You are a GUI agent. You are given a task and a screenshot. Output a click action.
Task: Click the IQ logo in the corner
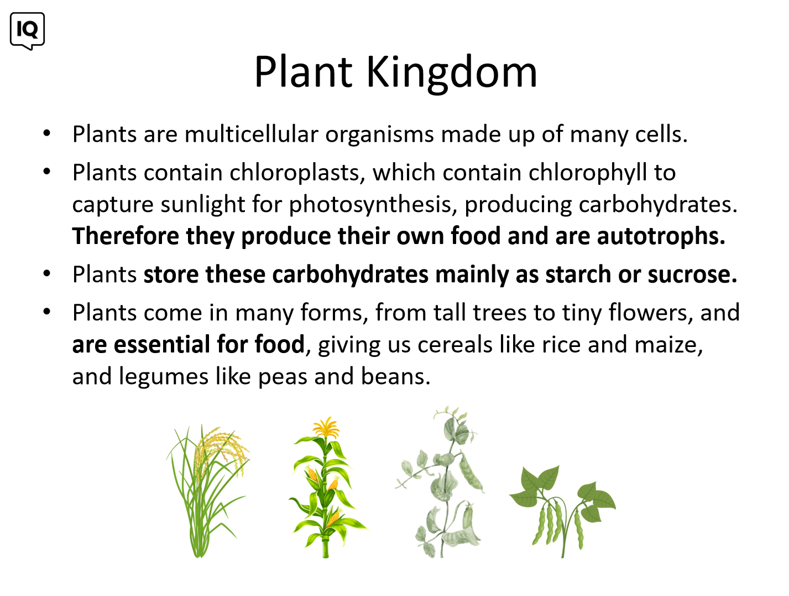(x=27, y=31)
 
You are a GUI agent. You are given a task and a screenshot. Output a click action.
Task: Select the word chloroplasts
(x=295, y=173)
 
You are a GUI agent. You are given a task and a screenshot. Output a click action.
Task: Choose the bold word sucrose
(x=692, y=274)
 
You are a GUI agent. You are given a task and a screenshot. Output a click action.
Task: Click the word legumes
(x=164, y=377)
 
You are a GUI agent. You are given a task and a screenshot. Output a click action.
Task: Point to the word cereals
(x=454, y=345)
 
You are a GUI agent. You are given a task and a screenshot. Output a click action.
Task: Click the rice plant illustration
(x=207, y=491)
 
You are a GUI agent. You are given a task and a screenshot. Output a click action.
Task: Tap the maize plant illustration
(x=327, y=488)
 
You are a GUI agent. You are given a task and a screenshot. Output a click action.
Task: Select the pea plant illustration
(x=440, y=483)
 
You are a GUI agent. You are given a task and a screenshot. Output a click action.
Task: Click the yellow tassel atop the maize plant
(x=326, y=427)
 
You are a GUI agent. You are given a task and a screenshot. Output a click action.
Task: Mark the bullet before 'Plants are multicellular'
(x=47, y=133)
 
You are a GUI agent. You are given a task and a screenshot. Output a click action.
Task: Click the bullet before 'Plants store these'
(x=47, y=274)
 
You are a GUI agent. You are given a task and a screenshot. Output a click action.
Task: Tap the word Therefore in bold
(x=126, y=236)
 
